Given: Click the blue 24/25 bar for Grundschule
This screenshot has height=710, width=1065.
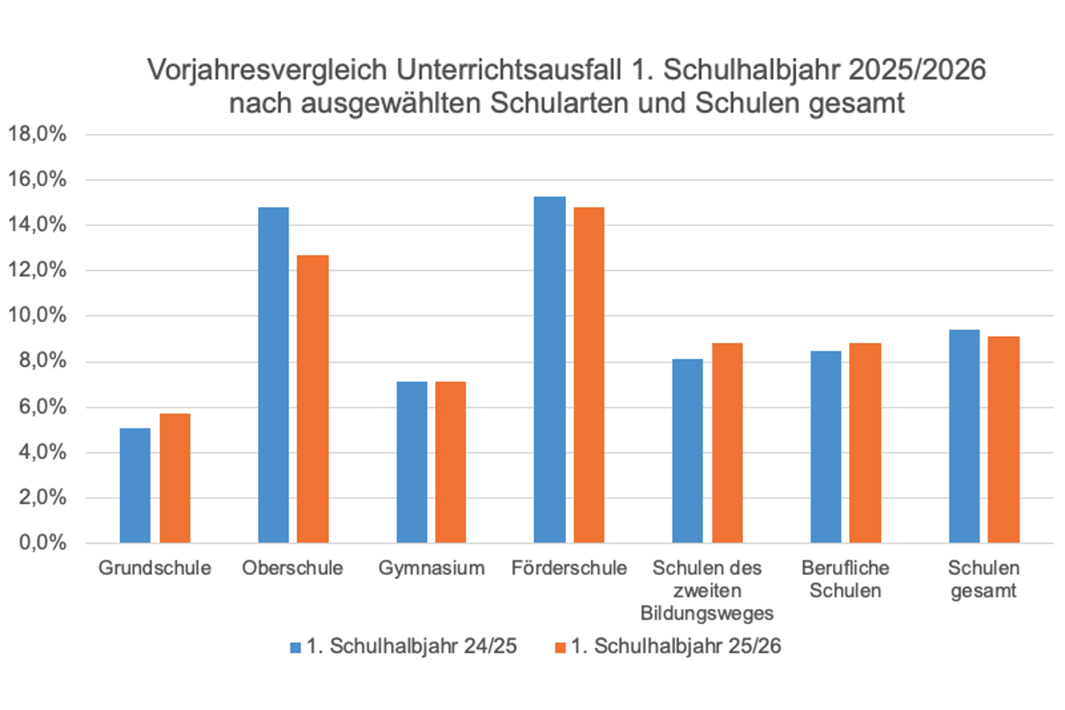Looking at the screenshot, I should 135,485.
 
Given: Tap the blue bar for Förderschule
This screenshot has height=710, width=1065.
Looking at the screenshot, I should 550,369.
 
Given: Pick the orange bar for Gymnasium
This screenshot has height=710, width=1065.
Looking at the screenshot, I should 450,462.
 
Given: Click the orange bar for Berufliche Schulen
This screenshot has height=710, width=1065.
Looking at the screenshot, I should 865,443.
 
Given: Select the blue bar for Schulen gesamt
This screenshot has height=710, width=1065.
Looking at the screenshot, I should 964,436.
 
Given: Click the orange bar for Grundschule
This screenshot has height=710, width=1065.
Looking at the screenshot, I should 175,478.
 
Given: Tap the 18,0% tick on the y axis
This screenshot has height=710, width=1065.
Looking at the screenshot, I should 37,134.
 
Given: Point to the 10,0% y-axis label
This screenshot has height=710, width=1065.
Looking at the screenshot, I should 37,315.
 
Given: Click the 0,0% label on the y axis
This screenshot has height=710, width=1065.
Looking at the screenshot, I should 42,542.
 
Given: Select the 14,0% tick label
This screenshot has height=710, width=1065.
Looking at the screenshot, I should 37,225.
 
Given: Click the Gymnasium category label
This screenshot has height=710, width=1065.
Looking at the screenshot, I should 431,568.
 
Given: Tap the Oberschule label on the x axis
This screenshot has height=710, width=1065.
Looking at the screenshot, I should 293,568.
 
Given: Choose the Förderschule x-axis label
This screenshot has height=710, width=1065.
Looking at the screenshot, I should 569,568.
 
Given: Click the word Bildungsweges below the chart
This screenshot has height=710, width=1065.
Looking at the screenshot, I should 707,613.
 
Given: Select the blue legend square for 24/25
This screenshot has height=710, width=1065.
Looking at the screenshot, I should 295,648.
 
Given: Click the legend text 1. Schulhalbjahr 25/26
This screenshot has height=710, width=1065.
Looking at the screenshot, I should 676,647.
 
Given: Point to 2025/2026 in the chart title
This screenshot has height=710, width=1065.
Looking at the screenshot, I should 917,70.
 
